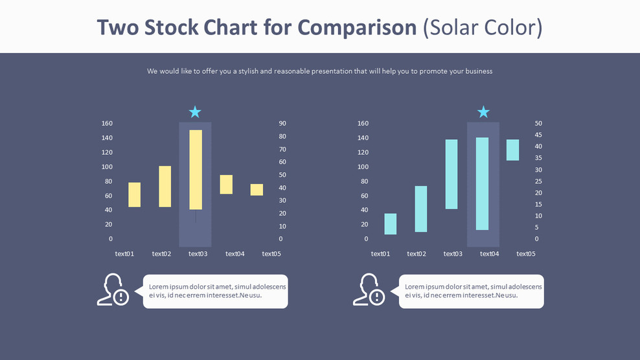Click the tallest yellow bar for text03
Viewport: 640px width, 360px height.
[x=196, y=170]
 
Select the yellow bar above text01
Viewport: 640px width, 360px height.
[x=134, y=195]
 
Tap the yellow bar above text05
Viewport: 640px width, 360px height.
[x=257, y=190]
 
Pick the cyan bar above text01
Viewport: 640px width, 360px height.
[x=390, y=224]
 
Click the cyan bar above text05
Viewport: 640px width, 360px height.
[x=512, y=150]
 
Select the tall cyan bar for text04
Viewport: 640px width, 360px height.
[x=482, y=184]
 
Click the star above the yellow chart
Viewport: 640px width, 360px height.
[x=195, y=112]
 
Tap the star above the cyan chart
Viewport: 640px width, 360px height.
[x=483, y=112]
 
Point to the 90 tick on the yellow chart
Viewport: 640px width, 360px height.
[x=282, y=123]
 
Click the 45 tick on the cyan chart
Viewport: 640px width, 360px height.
[x=538, y=135]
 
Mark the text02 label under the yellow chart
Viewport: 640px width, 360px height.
[x=161, y=254]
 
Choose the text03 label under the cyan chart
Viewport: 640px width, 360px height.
[x=453, y=254]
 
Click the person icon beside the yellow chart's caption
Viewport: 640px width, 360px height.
[x=113, y=290]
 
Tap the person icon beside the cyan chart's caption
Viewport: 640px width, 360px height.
[x=369, y=290]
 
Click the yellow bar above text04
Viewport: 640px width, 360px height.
[x=226, y=185]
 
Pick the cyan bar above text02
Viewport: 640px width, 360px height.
[x=421, y=209]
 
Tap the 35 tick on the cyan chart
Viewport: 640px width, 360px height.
[x=538, y=158]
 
